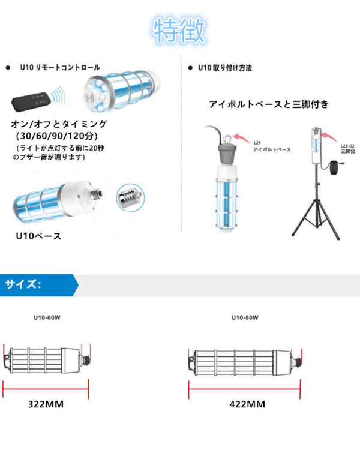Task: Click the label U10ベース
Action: (x=38, y=236)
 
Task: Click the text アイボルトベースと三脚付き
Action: (x=269, y=104)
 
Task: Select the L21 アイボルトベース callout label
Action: (x=271, y=146)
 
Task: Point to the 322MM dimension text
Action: (x=46, y=404)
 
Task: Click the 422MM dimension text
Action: (x=247, y=404)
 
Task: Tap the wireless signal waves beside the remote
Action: (x=58, y=95)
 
